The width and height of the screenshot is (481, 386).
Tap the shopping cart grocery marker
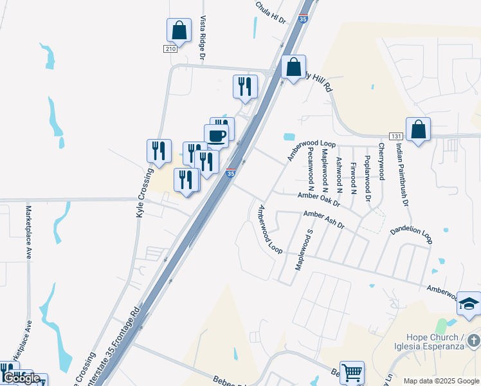(x=352, y=372)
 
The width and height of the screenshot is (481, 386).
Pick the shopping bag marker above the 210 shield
(x=179, y=30)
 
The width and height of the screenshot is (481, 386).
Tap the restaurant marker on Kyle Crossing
(x=159, y=151)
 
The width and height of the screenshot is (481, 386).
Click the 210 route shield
(x=170, y=49)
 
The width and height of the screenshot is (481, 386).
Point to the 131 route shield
(x=396, y=136)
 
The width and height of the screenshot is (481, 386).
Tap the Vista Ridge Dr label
(x=203, y=39)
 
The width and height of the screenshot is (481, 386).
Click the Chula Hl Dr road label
(x=271, y=14)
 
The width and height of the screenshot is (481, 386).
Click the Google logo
(x=22, y=378)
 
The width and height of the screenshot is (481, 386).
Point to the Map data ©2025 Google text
(x=441, y=381)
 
